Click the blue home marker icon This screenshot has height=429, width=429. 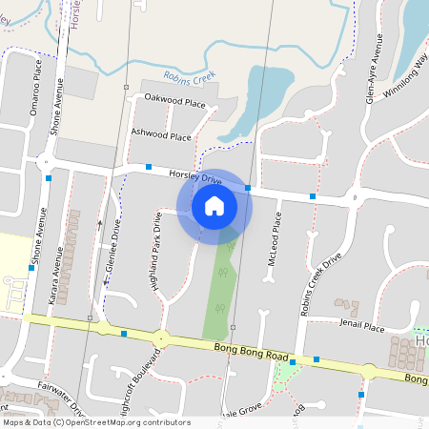tap(214, 205)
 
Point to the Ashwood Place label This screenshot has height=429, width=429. tap(161, 135)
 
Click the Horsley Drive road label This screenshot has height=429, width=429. tap(194, 176)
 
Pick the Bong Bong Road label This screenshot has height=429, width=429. tap(251, 354)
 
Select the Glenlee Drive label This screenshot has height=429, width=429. tap(115, 247)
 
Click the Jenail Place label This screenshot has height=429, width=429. tap(362, 327)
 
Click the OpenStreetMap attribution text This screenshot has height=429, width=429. tap(95, 421)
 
